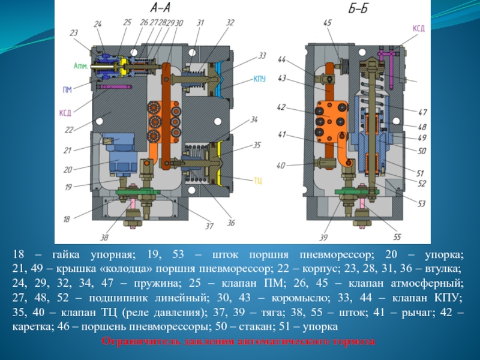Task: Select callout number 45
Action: (326, 23)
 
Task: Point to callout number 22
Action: (69, 130)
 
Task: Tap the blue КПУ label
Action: (260, 79)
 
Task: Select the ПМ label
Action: (67, 90)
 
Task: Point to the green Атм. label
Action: (80, 65)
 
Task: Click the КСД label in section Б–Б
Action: (419, 28)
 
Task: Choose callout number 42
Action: (282, 108)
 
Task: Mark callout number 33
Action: (262, 55)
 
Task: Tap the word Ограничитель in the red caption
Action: (135, 342)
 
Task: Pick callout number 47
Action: (422, 112)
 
